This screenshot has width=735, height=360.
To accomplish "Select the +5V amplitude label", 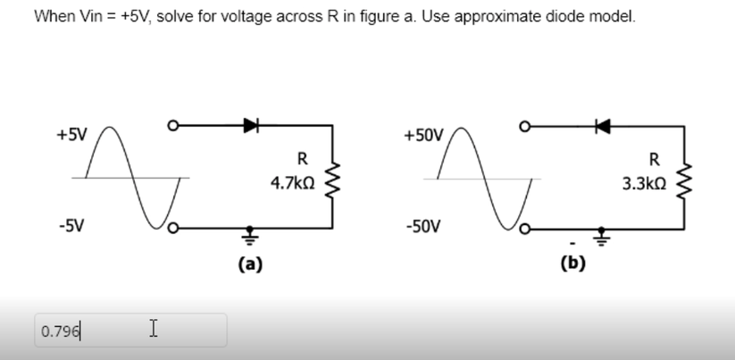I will pyautogui.click(x=71, y=136).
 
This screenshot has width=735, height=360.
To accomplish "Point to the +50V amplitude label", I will pyautogui.click(x=422, y=136).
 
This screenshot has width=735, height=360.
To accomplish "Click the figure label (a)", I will pyautogui.click(x=250, y=264).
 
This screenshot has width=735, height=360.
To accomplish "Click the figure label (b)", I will pyautogui.click(x=572, y=264).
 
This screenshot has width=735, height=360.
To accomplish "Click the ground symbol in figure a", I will pyautogui.click(x=249, y=236).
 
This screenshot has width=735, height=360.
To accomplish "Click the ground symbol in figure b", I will pyautogui.click(x=602, y=236).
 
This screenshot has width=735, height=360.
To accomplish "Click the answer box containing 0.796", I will pyautogui.click(x=130, y=331).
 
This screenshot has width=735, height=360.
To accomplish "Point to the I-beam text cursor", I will pyautogui.click(x=154, y=330).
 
